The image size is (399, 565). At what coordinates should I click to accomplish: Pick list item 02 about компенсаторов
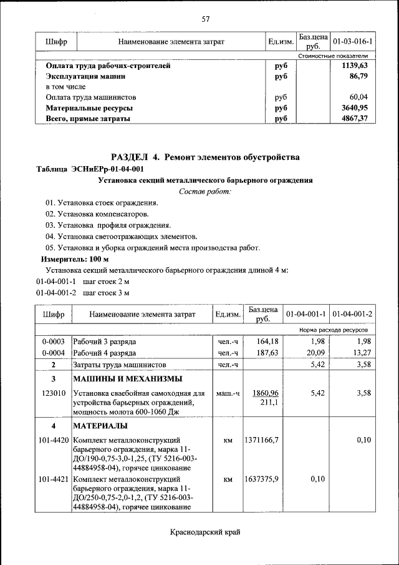[97, 214]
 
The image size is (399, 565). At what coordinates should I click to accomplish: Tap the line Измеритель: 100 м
[75, 258]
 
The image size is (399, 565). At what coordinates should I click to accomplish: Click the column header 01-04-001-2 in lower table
[352, 313]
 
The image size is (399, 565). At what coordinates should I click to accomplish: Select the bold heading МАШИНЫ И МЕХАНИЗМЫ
[127, 379]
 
